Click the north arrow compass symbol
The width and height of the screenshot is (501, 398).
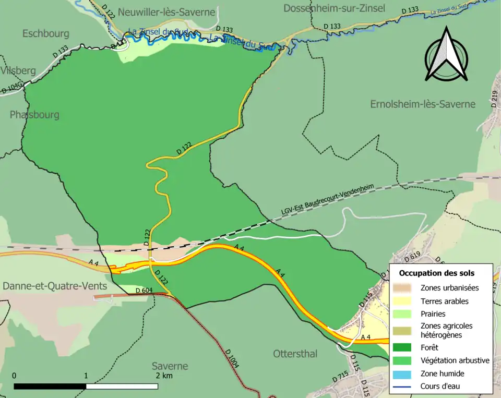(x=446, y=55)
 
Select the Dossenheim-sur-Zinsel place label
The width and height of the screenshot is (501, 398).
(x=335, y=8)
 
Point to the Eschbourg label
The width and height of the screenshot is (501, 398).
(x=46, y=33)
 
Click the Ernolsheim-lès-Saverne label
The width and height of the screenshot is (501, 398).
(x=423, y=104)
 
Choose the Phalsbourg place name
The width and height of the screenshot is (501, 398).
(x=34, y=114)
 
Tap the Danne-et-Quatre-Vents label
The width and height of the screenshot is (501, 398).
(x=55, y=286)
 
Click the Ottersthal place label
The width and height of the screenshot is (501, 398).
(x=295, y=354)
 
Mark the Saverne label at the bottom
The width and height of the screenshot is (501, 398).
(x=170, y=366)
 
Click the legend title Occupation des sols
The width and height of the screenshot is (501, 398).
(x=437, y=273)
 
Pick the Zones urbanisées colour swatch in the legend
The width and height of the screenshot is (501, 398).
(x=404, y=287)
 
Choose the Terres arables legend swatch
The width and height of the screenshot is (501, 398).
(x=404, y=301)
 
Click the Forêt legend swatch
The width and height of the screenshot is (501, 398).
(x=404, y=347)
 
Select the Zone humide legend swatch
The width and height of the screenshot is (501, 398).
(x=404, y=373)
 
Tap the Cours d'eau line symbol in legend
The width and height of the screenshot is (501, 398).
(x=404, y=387)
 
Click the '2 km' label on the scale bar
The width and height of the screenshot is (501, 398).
(x=164, y=376)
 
